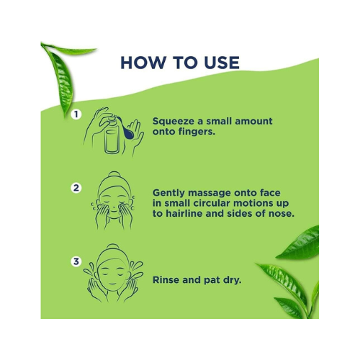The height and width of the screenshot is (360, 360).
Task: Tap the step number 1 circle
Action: (x=76, y=114)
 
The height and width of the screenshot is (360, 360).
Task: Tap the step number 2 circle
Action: (x=76, y=188)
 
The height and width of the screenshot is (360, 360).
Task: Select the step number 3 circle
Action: (x=76, y=261)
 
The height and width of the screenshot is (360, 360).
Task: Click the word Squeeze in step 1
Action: (x=174, y=122)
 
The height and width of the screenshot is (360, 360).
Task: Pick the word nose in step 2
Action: (x=282, y=214)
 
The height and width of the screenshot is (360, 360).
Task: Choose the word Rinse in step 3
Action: (x=166, y=280)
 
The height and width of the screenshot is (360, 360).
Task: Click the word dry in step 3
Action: (x=232, y=280)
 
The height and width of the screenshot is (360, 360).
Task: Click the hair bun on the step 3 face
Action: (x=112, y=248)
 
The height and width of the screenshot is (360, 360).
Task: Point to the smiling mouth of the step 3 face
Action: (x=112, y=282)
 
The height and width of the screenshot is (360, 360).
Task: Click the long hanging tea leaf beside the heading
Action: (x=61, y=79)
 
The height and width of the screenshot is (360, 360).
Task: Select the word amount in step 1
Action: (x=253, y=121)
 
